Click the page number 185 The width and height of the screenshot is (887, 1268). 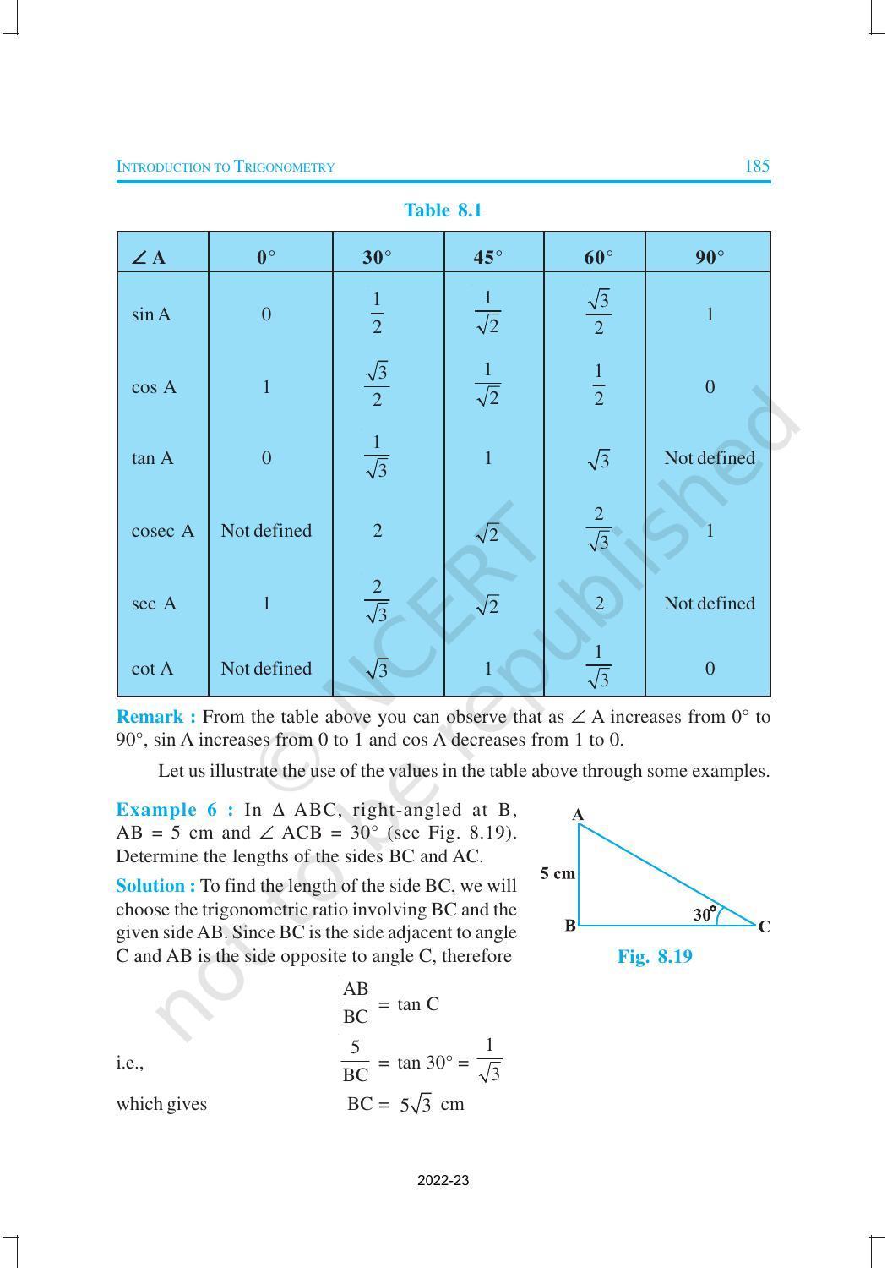757,167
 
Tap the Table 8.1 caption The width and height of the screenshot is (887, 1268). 443,210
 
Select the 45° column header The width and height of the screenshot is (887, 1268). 487,257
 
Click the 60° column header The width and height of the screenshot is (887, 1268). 598,257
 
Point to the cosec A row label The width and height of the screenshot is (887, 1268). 162,531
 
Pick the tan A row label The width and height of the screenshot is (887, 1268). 152,458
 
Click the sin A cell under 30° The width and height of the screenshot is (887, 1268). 377,314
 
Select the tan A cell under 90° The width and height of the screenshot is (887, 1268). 709,458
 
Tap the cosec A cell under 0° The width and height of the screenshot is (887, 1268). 266,531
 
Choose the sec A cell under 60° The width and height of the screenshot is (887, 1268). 598,604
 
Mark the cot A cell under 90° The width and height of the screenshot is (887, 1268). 709,669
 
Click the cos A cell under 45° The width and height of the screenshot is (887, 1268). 487,385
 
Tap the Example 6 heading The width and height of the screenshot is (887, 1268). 174,809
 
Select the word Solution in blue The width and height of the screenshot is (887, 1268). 155,886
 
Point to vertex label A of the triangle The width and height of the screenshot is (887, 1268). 578,815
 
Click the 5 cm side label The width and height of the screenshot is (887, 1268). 558,873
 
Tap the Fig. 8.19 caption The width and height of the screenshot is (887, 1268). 655,957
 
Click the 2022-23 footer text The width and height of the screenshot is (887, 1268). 443,1180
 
